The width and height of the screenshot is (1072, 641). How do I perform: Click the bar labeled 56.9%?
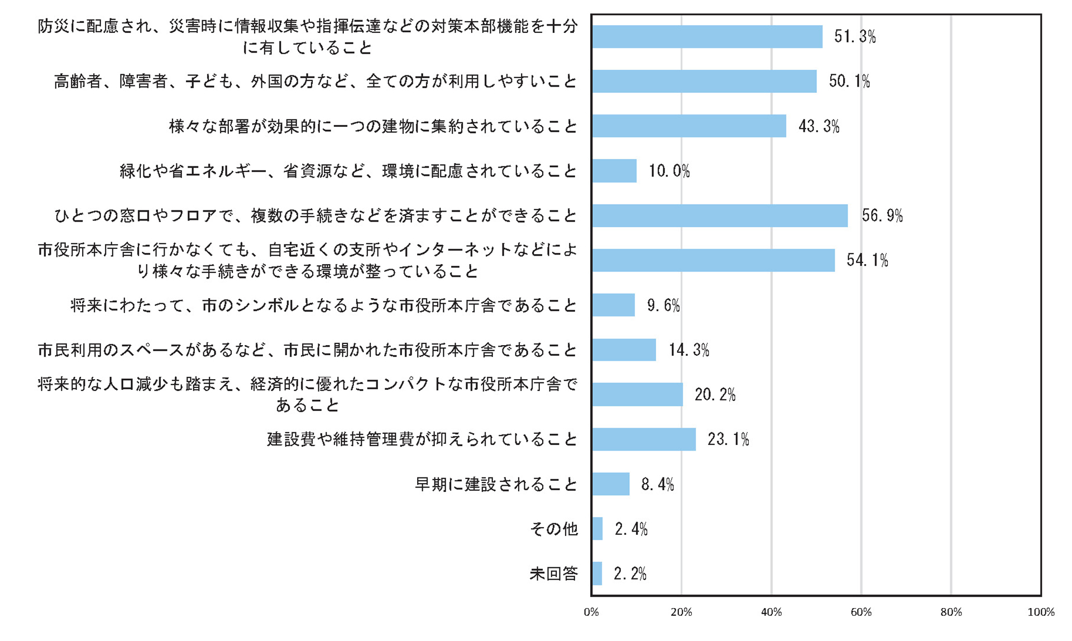[x=720, y=216]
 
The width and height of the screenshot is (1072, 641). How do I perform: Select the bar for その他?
[x=597, y=529]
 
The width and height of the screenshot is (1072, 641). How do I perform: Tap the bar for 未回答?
[x=597, y=573]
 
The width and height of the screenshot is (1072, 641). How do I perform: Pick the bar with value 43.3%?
[x=689, y=126]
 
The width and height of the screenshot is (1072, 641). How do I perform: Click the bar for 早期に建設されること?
[x=611, y=484]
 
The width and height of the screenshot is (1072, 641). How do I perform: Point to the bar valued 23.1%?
[x=644, y=439]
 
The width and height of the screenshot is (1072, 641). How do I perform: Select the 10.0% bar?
[x=614, y=171]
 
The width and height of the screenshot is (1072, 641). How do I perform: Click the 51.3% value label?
[x=855, y=37]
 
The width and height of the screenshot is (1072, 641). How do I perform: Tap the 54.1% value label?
[x=867, y=260]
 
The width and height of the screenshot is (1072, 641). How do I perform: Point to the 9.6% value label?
[x=663, y=305]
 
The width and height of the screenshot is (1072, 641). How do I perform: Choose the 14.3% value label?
[x=689, y=350]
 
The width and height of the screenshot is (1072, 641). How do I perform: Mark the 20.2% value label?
[x=715, y=395]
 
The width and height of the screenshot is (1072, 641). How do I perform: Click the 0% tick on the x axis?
[x=591, y=613]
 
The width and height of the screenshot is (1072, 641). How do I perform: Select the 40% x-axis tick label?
[x=771, y=613]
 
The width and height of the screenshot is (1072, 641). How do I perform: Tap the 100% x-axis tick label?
[x=1041, y=613]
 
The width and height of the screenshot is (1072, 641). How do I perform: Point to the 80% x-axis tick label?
[x=951, y=613]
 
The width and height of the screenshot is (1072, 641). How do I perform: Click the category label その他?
[x=553, y=529]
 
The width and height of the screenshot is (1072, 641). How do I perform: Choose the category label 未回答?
[x=553, y=573]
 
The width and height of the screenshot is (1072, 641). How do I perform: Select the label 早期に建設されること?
[x=496, y=484]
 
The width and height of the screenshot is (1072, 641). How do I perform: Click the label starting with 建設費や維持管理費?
[x=422, y=439]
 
